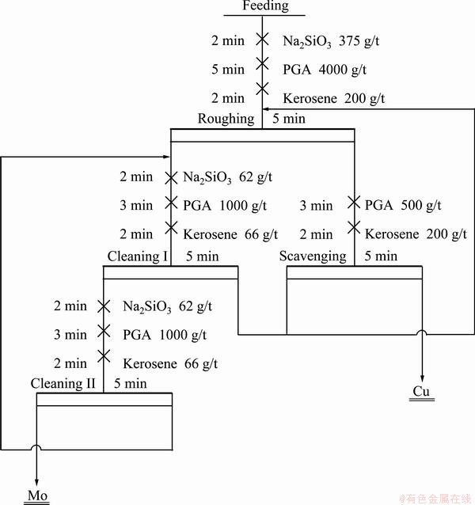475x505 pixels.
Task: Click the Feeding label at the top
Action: [x=265, y=6]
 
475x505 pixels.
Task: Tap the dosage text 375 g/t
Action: [x=359, y=41]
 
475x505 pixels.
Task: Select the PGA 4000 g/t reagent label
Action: [x=325, y=70]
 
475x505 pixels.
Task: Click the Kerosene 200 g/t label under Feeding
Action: [x=333, y=98]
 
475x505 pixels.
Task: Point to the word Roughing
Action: [x=226, y=119]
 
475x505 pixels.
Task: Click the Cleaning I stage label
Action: [x=137, y=256]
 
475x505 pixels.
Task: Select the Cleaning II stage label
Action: [x=63, y=383]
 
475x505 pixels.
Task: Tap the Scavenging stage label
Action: [x=313, y=256]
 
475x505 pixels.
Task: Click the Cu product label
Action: [x=421, y=391]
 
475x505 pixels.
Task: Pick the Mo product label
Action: [x=37, y=496]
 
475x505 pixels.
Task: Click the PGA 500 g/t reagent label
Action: [x=403, y=205]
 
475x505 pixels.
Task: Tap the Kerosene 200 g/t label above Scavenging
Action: [x=416, y=234]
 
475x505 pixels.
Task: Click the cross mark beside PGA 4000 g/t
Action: [x=263, y=63]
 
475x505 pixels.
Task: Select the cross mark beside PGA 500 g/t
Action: [x=354, y=203]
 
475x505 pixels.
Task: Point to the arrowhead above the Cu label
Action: [x=422, y=378]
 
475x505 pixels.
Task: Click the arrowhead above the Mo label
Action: [x=36, y=482]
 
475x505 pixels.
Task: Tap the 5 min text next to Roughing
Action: [x=289, y=119]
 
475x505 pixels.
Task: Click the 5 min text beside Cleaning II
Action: [x=131, y=383]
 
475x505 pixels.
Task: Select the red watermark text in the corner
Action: [x=436, y=499]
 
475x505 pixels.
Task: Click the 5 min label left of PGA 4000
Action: [x=228, y=70]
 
